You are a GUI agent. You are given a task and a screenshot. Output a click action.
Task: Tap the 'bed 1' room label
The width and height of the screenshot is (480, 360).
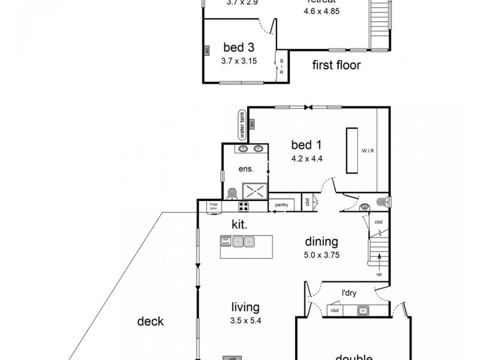(x=306, y=145)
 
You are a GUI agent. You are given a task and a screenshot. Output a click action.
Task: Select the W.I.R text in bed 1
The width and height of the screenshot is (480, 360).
(x=367, y=151)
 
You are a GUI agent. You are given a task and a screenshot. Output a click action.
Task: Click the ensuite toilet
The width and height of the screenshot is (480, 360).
(x=233, y=193)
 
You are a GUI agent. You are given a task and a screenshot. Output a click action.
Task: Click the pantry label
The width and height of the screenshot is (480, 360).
(x=281, y=205)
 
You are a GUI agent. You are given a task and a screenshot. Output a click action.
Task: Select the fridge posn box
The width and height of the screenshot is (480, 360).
(x=213, y=206)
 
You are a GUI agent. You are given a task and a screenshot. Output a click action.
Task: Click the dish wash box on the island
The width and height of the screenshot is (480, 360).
(x=226, y=241)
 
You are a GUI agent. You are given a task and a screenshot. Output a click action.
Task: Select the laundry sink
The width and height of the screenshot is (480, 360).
(x=362, y=310)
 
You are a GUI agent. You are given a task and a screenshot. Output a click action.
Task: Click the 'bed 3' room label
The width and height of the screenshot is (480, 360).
(x=238, y=47)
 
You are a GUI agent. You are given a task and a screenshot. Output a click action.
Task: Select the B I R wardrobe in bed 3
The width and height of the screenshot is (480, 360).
(x=281, y=65)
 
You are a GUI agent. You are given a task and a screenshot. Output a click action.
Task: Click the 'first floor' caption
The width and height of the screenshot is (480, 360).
(x=336, y=65)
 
